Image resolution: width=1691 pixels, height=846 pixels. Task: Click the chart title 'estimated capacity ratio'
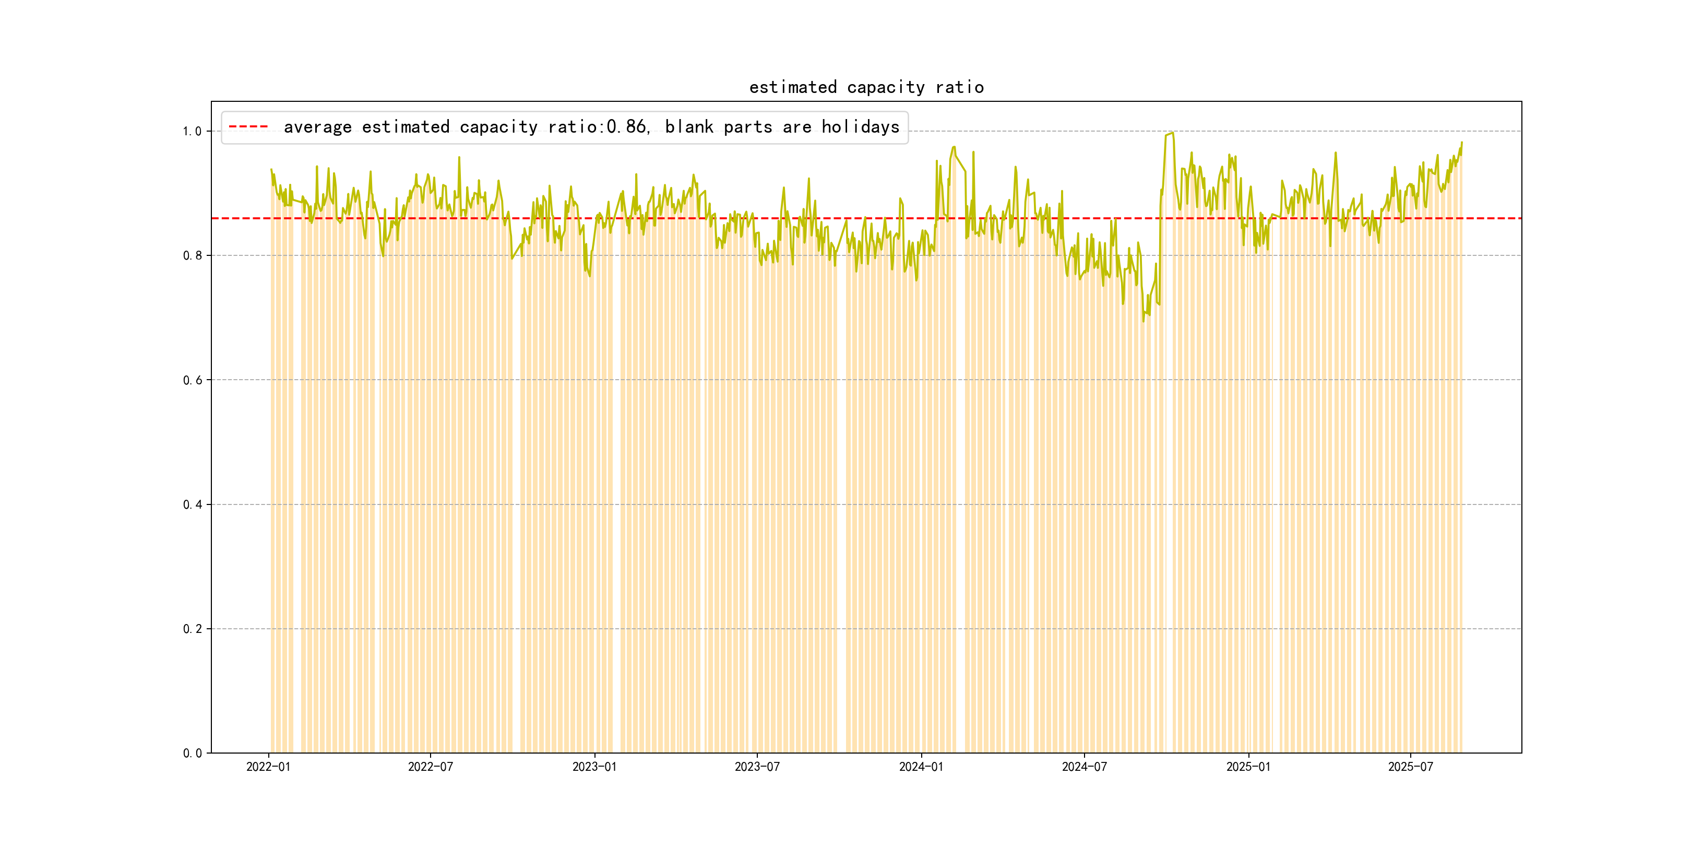click(x=866, y=87)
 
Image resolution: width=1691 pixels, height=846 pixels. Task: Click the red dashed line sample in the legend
click(x=248, y=127)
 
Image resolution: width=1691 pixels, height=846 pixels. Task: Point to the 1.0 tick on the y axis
click(x=193, y=132)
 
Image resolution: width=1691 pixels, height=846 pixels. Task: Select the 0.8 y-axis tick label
click(x=193, y=255)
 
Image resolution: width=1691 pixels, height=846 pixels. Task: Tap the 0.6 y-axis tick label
click(x=193, y=380)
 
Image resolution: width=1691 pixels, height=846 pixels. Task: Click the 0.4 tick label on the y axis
click(x=193, y=504)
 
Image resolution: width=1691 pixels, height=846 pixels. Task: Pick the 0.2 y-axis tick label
click(x=193, y=629)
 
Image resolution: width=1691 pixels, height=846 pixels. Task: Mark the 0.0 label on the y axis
click(x=193, y=754)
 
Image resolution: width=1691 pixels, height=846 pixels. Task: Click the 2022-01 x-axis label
click(x=268, y=767)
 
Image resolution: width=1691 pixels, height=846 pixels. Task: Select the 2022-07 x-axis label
click(x=430, y=767)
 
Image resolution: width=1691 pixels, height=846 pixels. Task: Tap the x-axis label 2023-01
click(x=594, y=767)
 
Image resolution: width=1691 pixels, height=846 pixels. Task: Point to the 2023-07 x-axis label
click(x=757, y=767)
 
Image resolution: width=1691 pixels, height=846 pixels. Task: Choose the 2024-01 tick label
click(x=921, y=767)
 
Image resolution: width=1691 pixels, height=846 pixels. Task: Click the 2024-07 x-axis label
click(x=1084, y=767)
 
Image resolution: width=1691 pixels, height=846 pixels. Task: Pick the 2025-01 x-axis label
click(x=1248, y=767)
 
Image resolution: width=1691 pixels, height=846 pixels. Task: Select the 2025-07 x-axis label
click(x=1411, y=767)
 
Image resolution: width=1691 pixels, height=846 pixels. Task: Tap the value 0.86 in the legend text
click(x=626, y=127)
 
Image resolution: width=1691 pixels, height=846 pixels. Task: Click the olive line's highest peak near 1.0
click(x=1172, y=133)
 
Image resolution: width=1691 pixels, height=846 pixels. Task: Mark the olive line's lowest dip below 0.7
click(x=1143, y=321)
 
